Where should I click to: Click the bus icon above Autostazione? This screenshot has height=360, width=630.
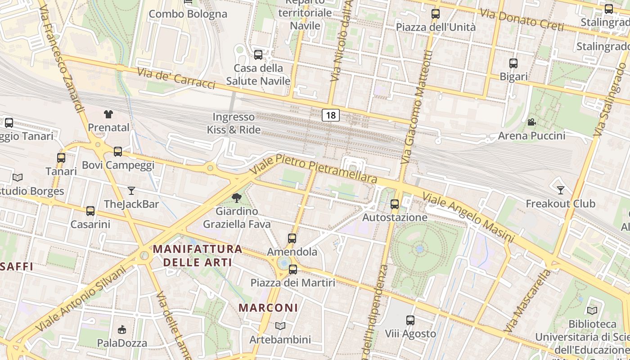tap(395, 204)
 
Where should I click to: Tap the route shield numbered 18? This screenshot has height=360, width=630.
tap(331, 115)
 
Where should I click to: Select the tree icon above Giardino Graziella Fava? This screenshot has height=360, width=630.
tap(236, 198)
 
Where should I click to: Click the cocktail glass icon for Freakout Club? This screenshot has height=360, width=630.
tap(560, 190)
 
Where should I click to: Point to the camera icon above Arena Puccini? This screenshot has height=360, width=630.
tap(531, 122)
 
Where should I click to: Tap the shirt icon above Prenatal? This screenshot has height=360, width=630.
tap(108, 114)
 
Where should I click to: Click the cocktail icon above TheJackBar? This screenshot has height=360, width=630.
tap(131, 191)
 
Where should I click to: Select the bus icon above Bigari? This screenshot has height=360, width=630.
tap(513, 63)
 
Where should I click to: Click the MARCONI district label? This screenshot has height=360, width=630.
tap(268, 308)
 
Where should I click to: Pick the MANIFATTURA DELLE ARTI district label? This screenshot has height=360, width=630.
tap(198, 256)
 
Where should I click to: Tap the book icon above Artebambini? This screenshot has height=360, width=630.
tap(280, 326)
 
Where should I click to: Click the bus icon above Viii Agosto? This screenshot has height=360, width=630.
tap(410, 320)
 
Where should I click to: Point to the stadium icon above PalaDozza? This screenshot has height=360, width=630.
tap(121, 330)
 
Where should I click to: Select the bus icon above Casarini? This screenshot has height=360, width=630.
tap(90, 211)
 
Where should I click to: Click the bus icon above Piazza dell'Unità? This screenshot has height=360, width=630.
tap(435, 14)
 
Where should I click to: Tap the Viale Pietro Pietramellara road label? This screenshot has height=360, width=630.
tap(314, 168)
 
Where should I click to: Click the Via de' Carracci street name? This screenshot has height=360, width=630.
tap(176, 78)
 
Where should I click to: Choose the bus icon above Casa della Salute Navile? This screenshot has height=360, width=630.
tap(258, 55)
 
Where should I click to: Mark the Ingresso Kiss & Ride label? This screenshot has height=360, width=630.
tap(234, 123)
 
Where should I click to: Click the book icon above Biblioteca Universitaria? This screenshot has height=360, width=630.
tap(592, 310)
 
